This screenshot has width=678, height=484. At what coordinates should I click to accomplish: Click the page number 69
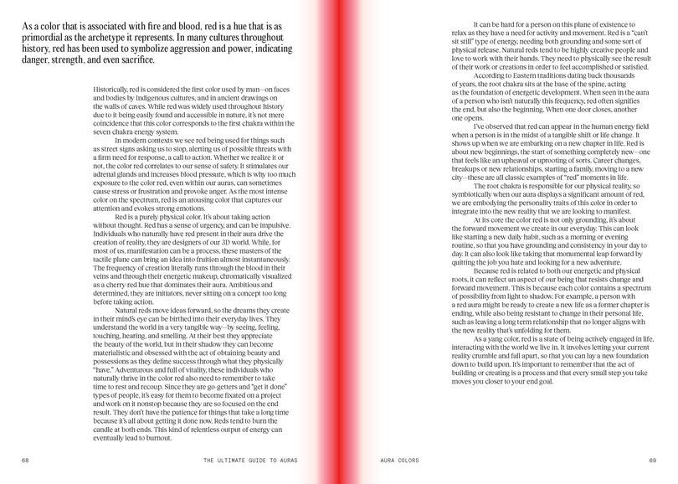pos(653,461)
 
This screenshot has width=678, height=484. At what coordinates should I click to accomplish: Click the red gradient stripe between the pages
pos(339,234)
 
